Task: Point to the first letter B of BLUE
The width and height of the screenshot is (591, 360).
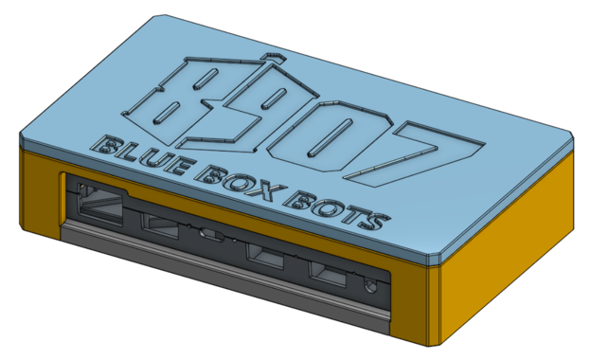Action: click(103, 146)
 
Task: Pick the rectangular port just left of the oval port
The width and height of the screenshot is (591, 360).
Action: click(158, 225)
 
